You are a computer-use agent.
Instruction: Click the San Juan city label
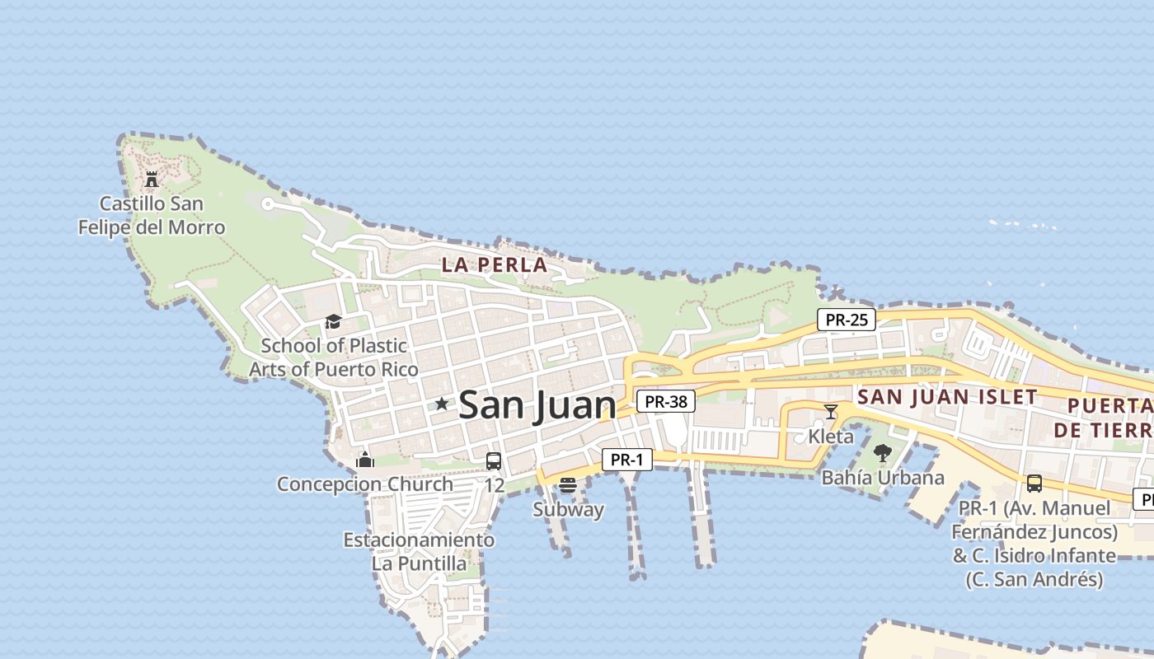click(537, 404)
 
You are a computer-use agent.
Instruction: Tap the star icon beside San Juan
click(442, 404)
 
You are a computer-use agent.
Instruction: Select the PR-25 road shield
click(847, 320)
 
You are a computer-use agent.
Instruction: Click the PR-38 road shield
click(666, 401)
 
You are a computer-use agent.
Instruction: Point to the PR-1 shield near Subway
click(627, 460)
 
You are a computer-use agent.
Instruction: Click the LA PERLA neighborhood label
click(495, 265)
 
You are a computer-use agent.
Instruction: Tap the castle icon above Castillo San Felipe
click(152, 179)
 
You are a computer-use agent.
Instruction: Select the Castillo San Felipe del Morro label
click(152, 215)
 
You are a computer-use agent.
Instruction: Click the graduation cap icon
click(333, 321)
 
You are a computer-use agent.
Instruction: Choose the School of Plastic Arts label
click(334, 357)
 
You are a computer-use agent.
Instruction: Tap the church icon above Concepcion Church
click(365, 460)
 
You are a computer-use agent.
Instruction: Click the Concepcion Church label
click(365, 484)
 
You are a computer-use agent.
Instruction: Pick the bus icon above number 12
click(494, 461)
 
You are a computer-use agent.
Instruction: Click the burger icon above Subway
click(567, 485)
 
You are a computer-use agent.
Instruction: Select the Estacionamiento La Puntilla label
click(419, 552)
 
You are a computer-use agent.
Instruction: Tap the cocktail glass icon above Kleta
click(831, 411)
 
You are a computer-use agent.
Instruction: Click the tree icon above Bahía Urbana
click(882, 452)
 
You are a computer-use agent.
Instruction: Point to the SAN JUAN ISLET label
click(947, 396)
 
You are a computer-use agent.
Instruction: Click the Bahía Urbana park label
click(883, 477)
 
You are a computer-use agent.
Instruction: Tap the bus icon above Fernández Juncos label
click(1034, 484)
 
